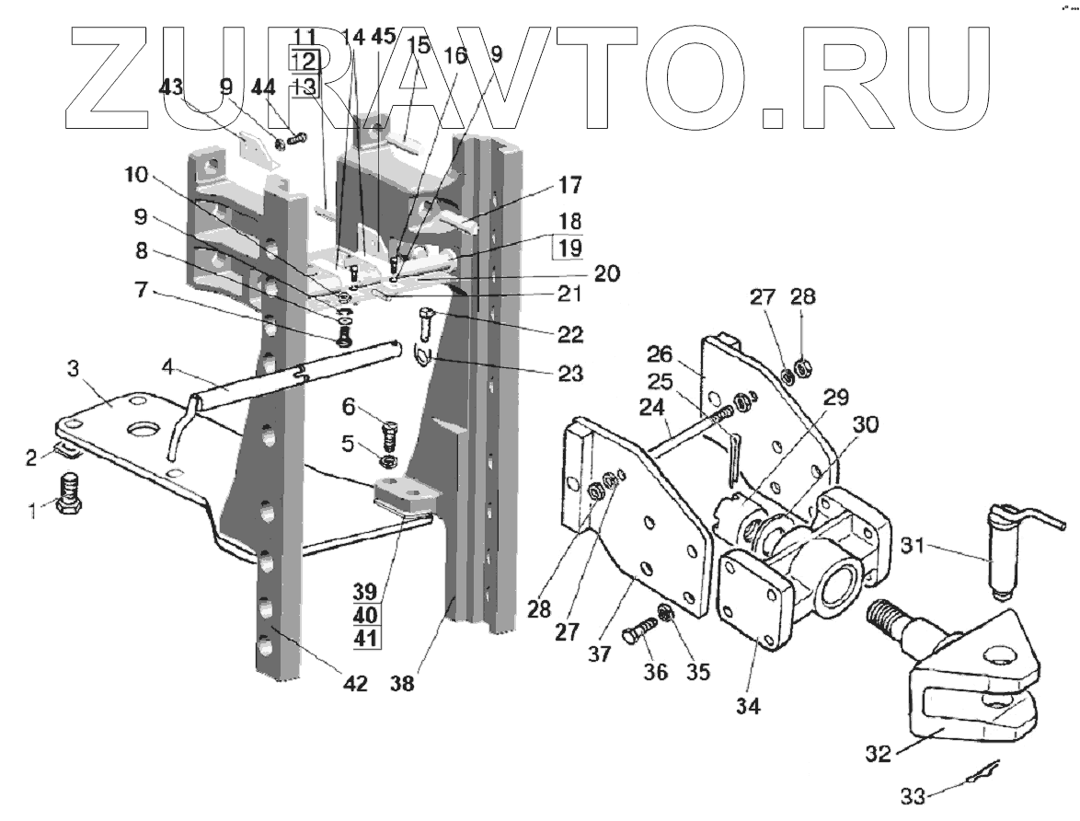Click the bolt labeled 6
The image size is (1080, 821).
pyautogui.click(x=389, y=430)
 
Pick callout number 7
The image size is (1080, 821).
pyautogui.click(x=140, y=290)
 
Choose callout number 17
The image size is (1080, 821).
pyautogui.click(x=569, y=185)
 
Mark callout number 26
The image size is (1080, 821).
pyautogui.click(x=686, y=354)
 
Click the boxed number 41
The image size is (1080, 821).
pyautogui.click(x=366, y=637)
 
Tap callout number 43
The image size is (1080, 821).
pyautogui.click(x=172, y=88)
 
